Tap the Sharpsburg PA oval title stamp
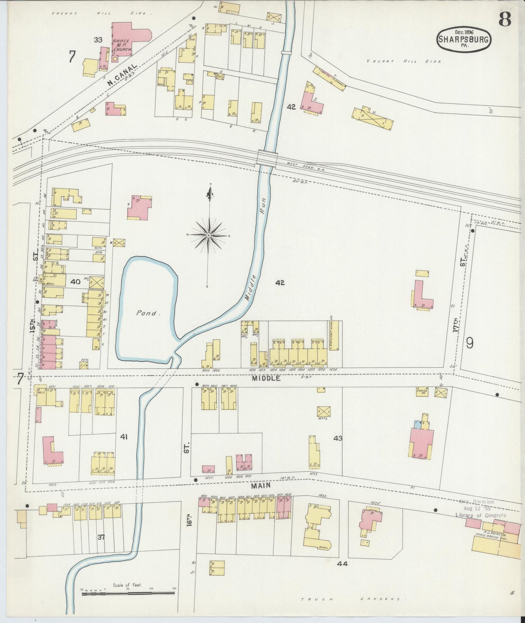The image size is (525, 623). click(463, 39)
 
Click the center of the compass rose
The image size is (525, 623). click(209, 236)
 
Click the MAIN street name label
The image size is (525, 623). click(260, 485)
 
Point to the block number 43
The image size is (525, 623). click(338, 439)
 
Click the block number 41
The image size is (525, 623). click(124, 437)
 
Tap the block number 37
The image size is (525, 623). click(101, 537)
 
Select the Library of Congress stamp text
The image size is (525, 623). click(480, 515)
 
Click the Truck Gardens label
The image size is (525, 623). click(351, 599)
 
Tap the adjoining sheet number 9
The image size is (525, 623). click(470, 343)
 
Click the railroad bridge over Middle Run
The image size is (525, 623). click(267, 158)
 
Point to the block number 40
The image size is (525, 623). click(75, 281)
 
